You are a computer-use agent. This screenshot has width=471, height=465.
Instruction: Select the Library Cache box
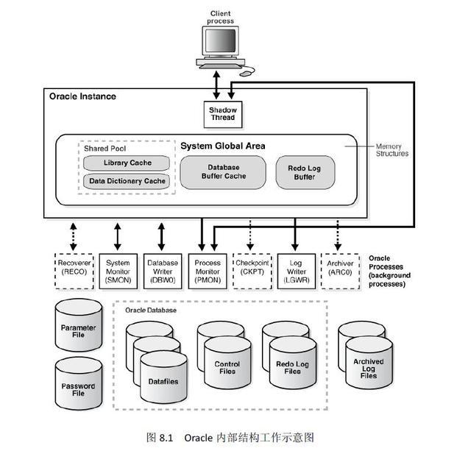126,163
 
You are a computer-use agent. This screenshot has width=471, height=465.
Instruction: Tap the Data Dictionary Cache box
126,180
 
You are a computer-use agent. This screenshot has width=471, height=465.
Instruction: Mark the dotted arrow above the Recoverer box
73,235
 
